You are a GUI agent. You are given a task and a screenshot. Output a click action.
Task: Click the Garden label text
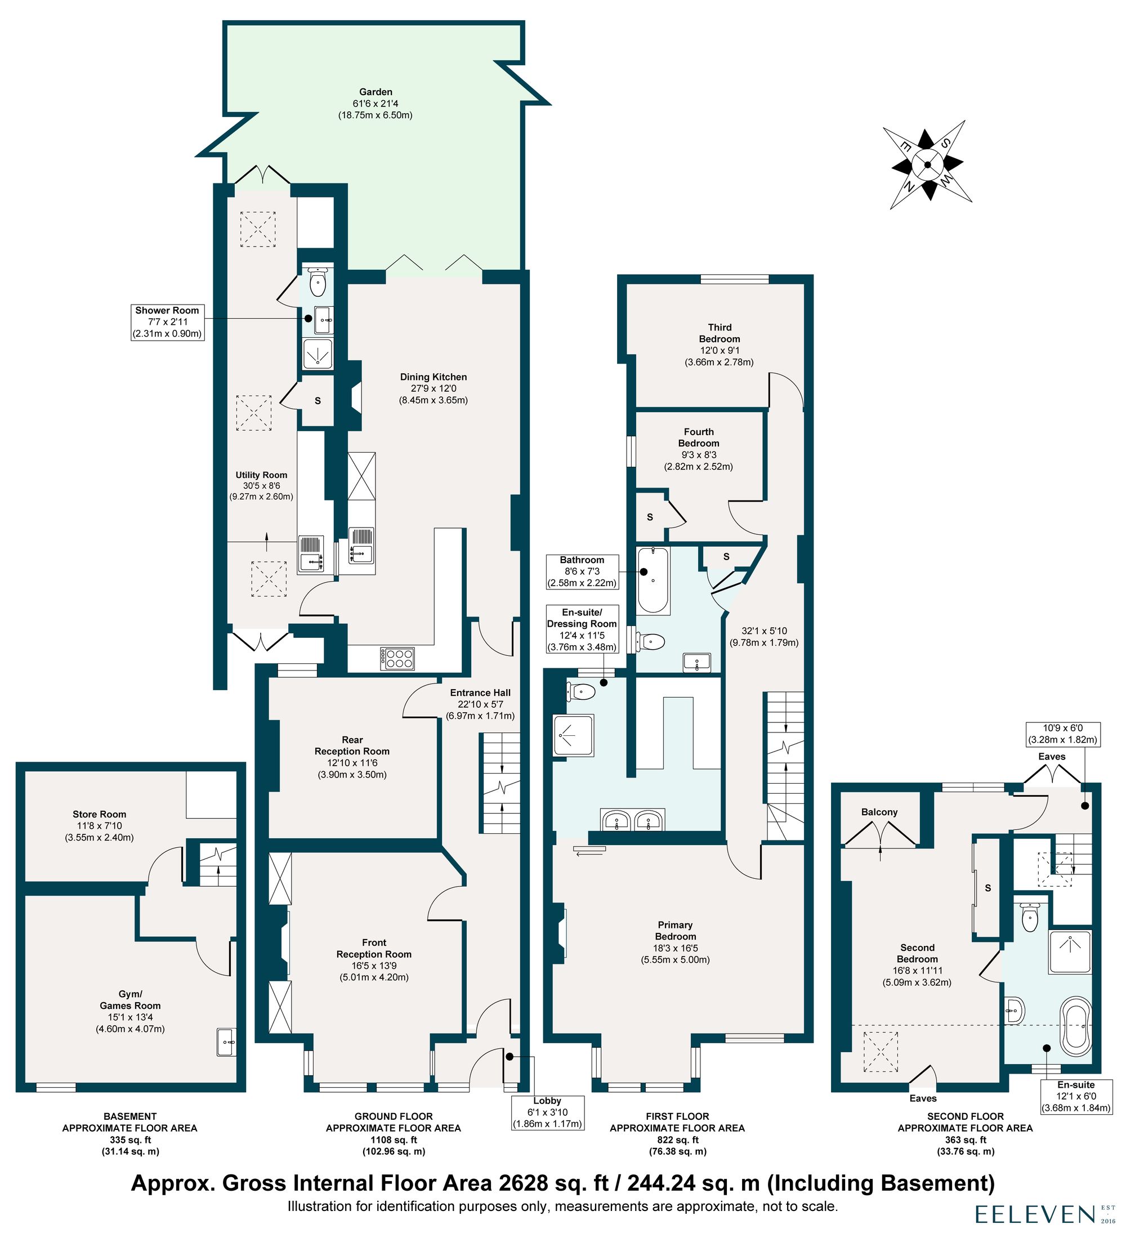pos(375,103)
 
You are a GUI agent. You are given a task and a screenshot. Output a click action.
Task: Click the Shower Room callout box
pos(167,322)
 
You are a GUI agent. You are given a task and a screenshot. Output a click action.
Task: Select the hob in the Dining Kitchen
pos(397,658)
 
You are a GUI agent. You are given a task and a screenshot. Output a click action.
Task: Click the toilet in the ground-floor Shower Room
pos(317,283)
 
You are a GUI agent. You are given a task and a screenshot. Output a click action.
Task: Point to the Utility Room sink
pos(311,553)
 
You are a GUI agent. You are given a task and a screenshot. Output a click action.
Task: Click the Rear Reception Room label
pos(352,757)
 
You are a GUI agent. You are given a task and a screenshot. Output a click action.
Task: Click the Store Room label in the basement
pos(99,825)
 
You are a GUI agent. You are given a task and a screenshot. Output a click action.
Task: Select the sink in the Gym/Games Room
pos(226,1043)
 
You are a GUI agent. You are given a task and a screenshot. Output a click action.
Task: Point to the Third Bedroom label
pos(719,344)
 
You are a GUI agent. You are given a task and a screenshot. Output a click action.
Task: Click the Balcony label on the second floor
pos(879,812)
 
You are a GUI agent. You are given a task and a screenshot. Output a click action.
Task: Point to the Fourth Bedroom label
pos(698,448)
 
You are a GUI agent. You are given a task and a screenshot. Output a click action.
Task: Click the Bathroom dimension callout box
pos(582,571)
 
